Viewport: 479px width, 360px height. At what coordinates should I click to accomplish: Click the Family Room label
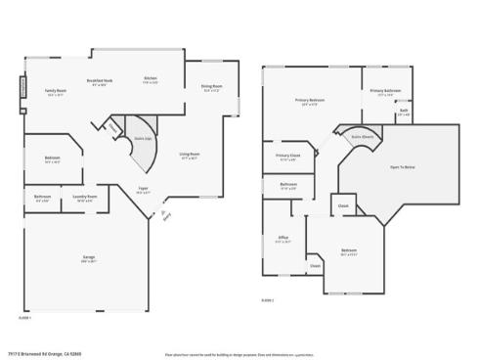55,92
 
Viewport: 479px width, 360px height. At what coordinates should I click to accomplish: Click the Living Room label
189,155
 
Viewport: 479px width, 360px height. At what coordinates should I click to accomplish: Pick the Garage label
88,258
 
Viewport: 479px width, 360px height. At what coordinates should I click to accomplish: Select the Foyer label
143,191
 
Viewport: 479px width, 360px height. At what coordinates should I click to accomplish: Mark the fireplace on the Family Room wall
22,89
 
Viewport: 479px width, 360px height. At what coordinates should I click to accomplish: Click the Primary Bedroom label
311,100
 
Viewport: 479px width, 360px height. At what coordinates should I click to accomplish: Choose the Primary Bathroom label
386,91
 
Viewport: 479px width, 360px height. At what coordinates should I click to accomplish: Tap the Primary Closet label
287,156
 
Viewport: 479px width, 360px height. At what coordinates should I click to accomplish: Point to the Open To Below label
402,167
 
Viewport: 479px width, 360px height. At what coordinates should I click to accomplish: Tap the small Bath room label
404,112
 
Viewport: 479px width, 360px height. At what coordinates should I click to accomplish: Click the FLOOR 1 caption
25,317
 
